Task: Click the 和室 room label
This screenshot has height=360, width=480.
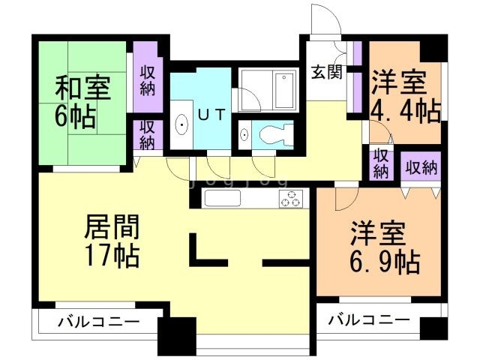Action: coord(82,88)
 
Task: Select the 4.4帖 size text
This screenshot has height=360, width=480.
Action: coord(406,110)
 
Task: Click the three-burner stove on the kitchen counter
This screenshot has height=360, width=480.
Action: coord(291,199)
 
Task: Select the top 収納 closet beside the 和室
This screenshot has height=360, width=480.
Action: coord(147,79)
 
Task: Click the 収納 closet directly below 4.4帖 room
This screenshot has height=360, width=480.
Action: coord(381,163)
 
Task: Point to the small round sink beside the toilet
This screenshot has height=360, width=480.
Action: coord(245,136)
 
